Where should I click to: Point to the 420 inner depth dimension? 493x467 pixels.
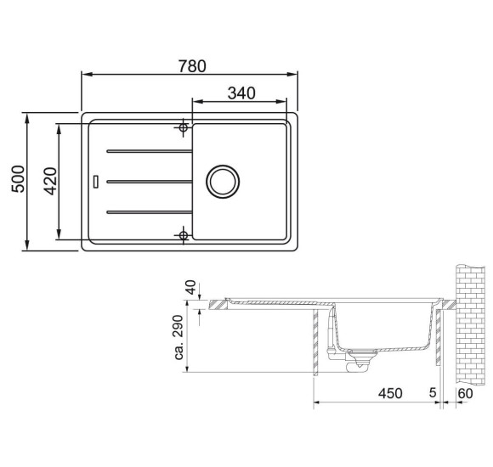pyautogui.click(x=49, y=181)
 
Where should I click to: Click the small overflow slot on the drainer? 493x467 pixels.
pyautogui.click(x=97, y=181)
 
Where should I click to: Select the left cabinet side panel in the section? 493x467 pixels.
pyautogui.click(x=316, y=340)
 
